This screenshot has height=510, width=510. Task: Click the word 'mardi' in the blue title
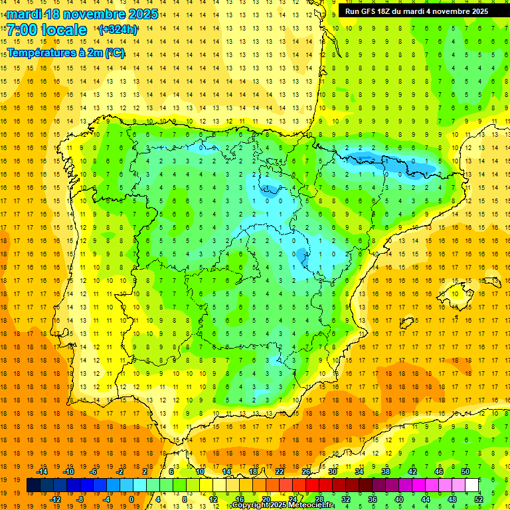pos(25,14)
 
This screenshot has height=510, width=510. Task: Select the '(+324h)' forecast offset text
pos(118,30)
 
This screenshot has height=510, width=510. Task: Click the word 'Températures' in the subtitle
pos(41,53)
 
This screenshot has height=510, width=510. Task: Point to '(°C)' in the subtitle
pos(114,53)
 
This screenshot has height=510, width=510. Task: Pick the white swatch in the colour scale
pos(472,485)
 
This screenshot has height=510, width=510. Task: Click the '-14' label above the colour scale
pos(42,471)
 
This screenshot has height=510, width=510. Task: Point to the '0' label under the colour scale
pos(131,499)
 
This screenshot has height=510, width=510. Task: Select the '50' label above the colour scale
pos(465,471)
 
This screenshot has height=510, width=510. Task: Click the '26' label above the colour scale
pos(306,471)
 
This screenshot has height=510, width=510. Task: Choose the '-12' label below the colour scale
pos(55,499)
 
